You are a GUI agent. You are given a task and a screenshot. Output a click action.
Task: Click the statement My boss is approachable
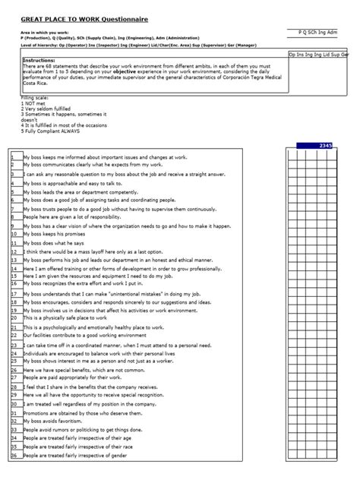(73, 183)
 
